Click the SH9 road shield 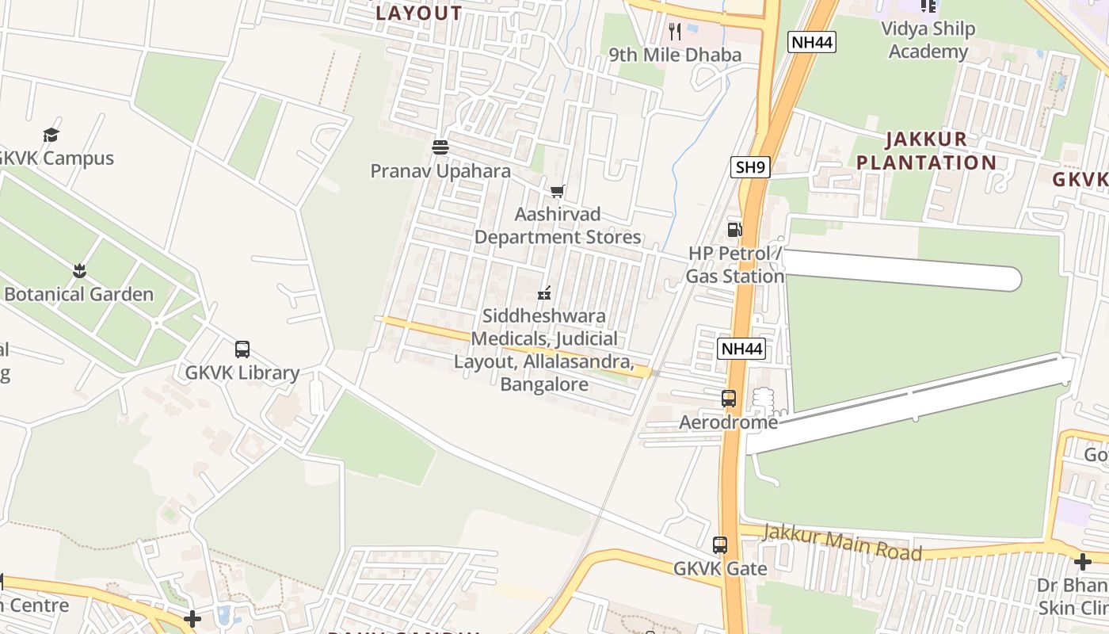750,167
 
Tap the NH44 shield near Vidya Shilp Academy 812,42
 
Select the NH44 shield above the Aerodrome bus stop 741,349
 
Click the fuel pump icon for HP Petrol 735,230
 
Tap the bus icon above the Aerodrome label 729,399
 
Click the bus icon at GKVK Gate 720,545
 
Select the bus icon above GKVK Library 242,349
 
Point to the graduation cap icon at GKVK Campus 51,135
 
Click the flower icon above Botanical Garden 79,271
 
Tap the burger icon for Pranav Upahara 440,147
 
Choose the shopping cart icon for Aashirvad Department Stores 558,191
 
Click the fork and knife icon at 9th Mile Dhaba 675,32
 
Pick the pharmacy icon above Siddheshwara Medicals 543,293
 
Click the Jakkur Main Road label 841,542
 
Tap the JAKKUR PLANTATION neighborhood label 926,151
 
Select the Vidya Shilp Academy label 928,40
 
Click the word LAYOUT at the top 419,13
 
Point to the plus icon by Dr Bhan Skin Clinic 1082,562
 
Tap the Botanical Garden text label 78,294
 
